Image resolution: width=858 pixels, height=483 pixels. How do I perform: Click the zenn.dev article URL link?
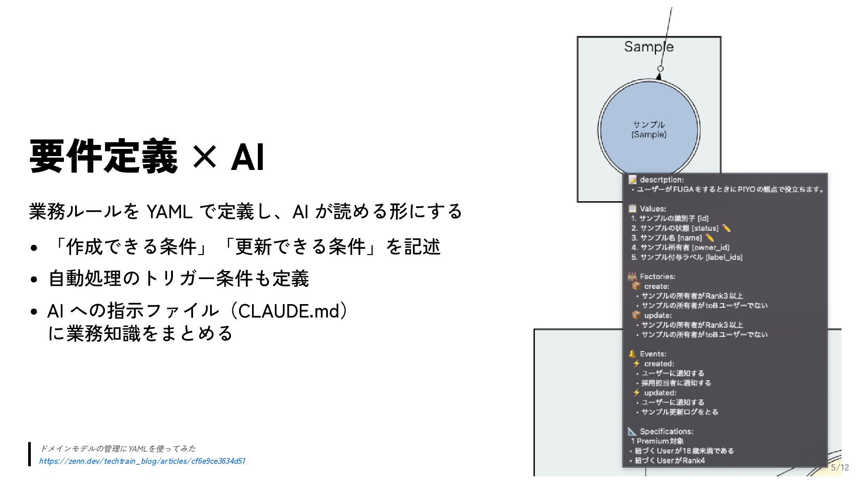pos(142,461)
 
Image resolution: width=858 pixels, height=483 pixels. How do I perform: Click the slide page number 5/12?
pos(840,467)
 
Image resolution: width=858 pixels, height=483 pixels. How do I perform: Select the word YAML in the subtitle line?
pos(169,212)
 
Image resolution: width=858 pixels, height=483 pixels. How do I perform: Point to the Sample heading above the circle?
pos(648,47)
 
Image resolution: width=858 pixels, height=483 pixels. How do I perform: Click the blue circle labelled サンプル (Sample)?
pos(649,130)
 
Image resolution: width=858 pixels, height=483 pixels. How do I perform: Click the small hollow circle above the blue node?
pos(660,68)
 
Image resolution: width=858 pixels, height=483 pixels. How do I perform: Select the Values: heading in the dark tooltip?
pos(653,209)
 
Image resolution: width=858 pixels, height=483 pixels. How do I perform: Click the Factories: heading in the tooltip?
pos(657,276)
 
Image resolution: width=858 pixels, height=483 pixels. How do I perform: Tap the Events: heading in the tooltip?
pos(653,354)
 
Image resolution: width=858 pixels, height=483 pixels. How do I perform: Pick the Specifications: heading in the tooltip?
pos(666,431)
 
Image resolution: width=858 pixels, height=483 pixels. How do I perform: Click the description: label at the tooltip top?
pos(661,180)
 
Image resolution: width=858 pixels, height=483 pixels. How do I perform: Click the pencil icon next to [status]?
pos(726,228)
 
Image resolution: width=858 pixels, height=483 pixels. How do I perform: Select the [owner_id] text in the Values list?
pos(711,247)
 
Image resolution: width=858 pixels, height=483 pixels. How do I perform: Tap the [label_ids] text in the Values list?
pos(724,257)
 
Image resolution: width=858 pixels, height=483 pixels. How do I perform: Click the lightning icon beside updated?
pos(636,393)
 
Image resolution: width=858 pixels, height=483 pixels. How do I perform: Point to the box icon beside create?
pos(636,286)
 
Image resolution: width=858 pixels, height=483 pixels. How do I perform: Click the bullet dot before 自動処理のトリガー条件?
pos(34,280)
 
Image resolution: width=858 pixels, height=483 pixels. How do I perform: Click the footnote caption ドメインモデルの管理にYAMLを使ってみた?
pos(118,449)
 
